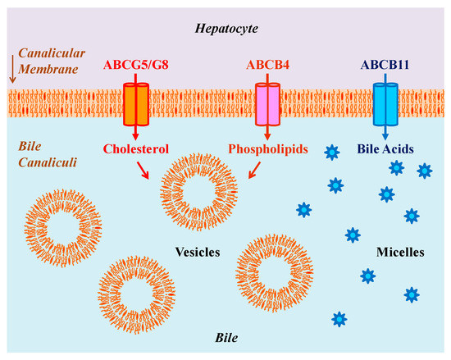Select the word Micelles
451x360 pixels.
pyautogui.click(x=399, y=253)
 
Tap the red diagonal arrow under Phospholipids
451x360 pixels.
pyautogui.click(x=254, y=170)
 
